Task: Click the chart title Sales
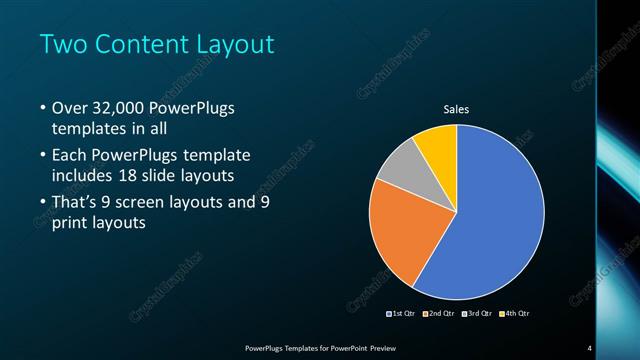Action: click(x=456, y=109)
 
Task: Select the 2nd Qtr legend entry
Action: click(x=440, y=313)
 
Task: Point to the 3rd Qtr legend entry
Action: click(x=478, y=313)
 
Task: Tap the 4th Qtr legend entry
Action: click(x=514, y=313)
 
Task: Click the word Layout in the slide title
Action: click(x=240, y=45)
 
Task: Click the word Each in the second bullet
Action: click(x=71, y=155)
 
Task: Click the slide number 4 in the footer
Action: click(x=590, y=348)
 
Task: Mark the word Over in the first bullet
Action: click(x=72, y=108)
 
